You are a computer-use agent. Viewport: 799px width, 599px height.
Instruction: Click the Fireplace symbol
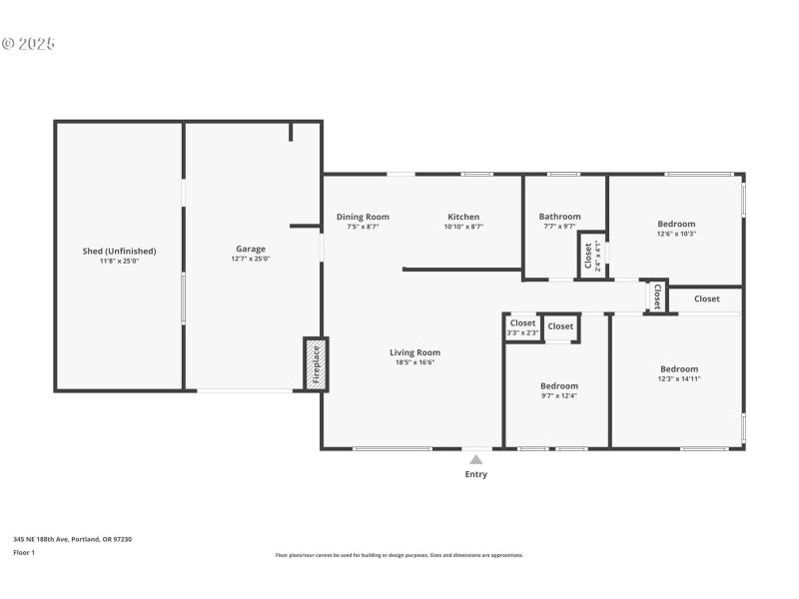coord(316,364)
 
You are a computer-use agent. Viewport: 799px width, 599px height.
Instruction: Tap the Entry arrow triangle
coord(476,460)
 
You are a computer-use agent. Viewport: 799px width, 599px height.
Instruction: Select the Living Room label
coord(414,352)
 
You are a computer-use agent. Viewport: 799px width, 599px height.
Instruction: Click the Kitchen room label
coord(463,217)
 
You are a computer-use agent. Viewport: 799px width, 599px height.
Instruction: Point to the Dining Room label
coord(363,217)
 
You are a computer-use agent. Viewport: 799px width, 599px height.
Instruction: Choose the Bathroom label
coord(559,217)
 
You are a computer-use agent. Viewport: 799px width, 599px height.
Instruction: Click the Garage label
coord(251,249)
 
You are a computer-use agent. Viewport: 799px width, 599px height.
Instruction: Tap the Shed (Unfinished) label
coord(119,251)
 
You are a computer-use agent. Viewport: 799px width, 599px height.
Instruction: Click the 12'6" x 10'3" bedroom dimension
coord(676,235)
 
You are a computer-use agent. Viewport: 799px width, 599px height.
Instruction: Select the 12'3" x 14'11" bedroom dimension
coord(679,379)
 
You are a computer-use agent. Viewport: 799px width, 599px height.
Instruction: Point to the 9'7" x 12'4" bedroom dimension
coord(559,396)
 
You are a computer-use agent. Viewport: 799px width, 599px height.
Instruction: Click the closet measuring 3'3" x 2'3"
coord(523,327)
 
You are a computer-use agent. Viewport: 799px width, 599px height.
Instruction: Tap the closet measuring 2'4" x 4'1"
coord(590,256)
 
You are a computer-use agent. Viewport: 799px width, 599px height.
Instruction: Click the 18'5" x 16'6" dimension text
coord(414,362)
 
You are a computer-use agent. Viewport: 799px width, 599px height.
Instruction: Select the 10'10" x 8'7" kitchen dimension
coord(463,227)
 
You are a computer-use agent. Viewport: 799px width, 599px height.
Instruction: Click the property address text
coord(72,539)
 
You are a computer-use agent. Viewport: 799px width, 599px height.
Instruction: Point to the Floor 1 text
coord(24,552)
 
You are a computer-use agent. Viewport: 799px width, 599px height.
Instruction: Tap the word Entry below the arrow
coord(476,474)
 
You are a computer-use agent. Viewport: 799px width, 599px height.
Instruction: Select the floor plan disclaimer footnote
coord(399,555)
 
